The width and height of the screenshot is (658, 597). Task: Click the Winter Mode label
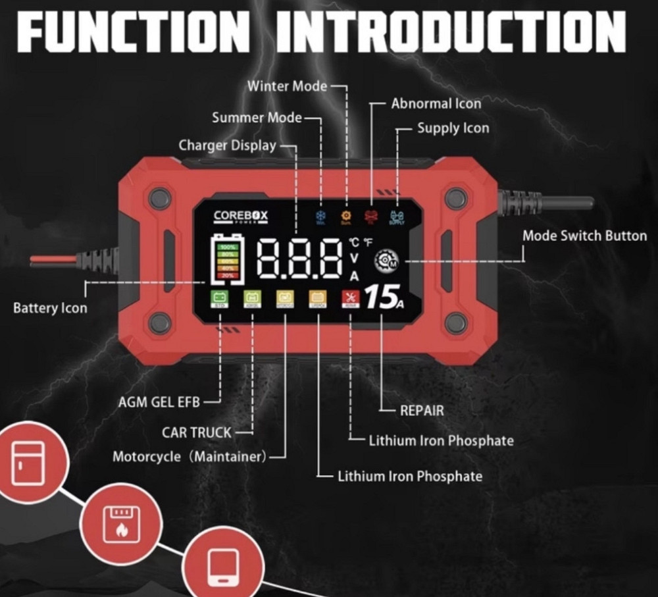click(x=287, y=86)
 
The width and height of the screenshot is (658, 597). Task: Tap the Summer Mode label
click(x=257, y=118)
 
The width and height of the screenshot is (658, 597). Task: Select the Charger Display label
click(x=228, y=145)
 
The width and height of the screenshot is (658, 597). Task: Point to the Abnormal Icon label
click(x=436, y=103)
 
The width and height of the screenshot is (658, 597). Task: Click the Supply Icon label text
click(x=453, y=128)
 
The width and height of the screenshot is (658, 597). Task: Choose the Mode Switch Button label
click(x=584, y=236)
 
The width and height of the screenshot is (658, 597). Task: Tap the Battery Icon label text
click(x=50, y=307)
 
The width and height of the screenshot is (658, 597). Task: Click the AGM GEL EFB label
click(x=159, y=402)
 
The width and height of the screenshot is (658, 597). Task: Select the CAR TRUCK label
click(x=197, y=432)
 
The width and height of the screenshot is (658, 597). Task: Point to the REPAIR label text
click(x=422, y=411)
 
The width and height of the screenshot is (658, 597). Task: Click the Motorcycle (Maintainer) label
click(x=190, y=456)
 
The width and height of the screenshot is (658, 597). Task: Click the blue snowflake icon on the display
click(x=320, y=216)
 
